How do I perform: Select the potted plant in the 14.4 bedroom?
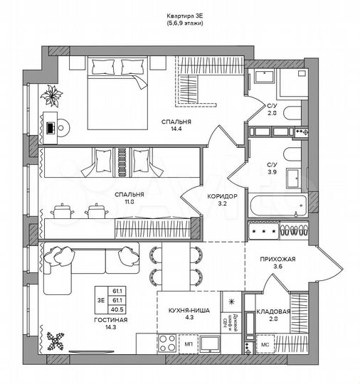53,94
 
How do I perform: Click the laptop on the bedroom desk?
51,128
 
